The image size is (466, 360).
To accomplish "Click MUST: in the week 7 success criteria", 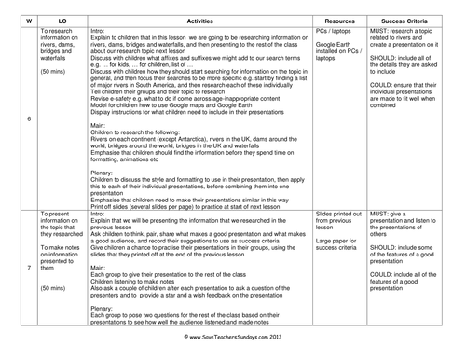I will tap(381, 239).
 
